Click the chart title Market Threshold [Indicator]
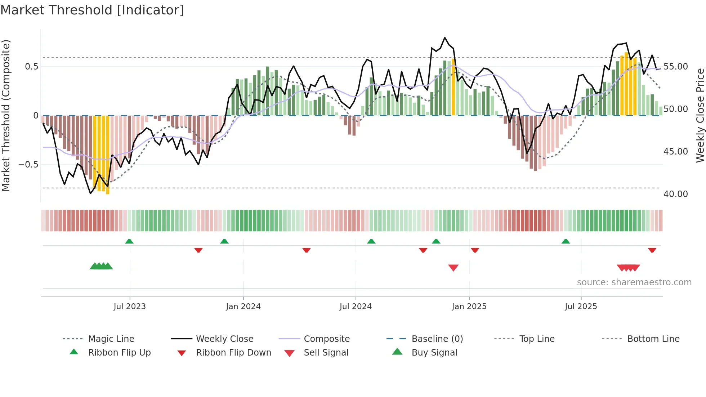(92, 10)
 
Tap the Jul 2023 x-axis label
(130, 306)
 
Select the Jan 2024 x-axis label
(243, 306)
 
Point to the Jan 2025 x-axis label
(469, 306)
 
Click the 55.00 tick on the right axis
(675, 67)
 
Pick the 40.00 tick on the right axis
(675, 194)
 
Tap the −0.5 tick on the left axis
(28, 164)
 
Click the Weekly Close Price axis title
(700, 115)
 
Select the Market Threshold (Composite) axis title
(6, 115)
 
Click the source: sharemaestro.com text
(634, 282)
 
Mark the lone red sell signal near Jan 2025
(453, 267)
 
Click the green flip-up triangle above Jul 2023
(129, 241)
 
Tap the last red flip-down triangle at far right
(652, 250)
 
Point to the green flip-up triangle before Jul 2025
(566, 241)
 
